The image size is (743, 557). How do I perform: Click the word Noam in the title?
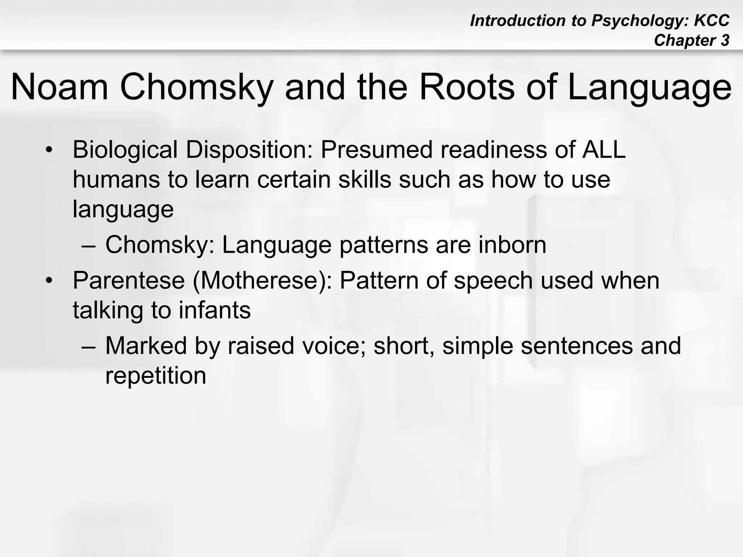[60, 87]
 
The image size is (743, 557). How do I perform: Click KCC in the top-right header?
[711, 21]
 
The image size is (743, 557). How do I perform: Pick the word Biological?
[125, 150]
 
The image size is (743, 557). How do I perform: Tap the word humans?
[116, 180]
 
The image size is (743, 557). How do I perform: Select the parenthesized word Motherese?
[262, 280]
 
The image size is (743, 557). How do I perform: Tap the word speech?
[493, 281]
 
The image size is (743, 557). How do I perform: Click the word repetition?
[156, 376]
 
